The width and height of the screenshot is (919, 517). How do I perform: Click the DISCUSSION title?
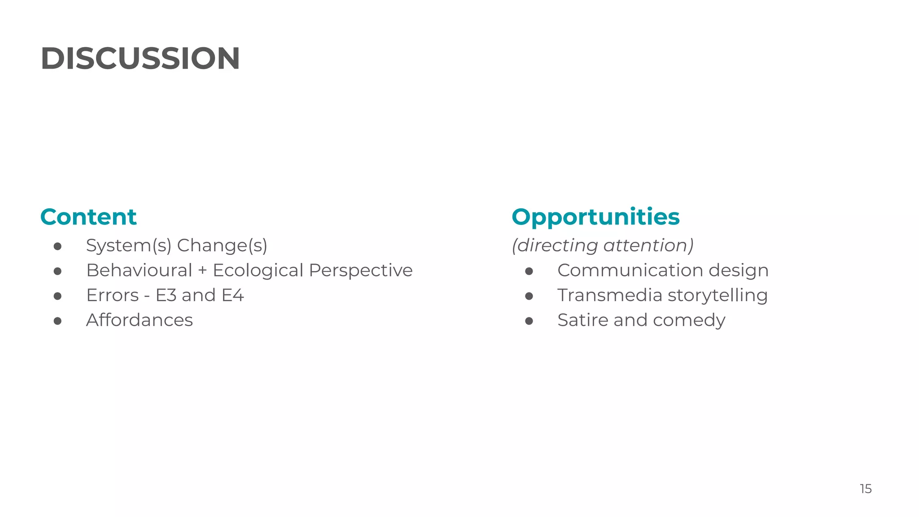tap(140, 59)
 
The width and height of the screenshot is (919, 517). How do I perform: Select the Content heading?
tap(88, 217)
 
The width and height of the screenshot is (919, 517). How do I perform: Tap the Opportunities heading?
tap(595, 217)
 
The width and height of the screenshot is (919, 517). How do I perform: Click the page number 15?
tap(866, 489)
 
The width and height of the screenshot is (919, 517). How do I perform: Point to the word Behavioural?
tap(139, 270)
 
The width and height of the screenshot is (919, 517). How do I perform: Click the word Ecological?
tap(258, 270)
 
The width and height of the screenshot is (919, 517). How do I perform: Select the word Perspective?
tap(361, 270)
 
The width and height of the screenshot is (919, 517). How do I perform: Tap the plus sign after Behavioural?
tap(202, 271)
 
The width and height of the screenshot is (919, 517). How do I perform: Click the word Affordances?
tap(140, 320)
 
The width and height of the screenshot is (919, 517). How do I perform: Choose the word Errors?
tap(113, 295)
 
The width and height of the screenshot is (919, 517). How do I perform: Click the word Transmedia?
tap(610, 295)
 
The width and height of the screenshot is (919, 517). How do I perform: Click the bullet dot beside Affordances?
tap(57, 320)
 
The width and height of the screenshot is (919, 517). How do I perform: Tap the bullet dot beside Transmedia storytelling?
tap(529, 296)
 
